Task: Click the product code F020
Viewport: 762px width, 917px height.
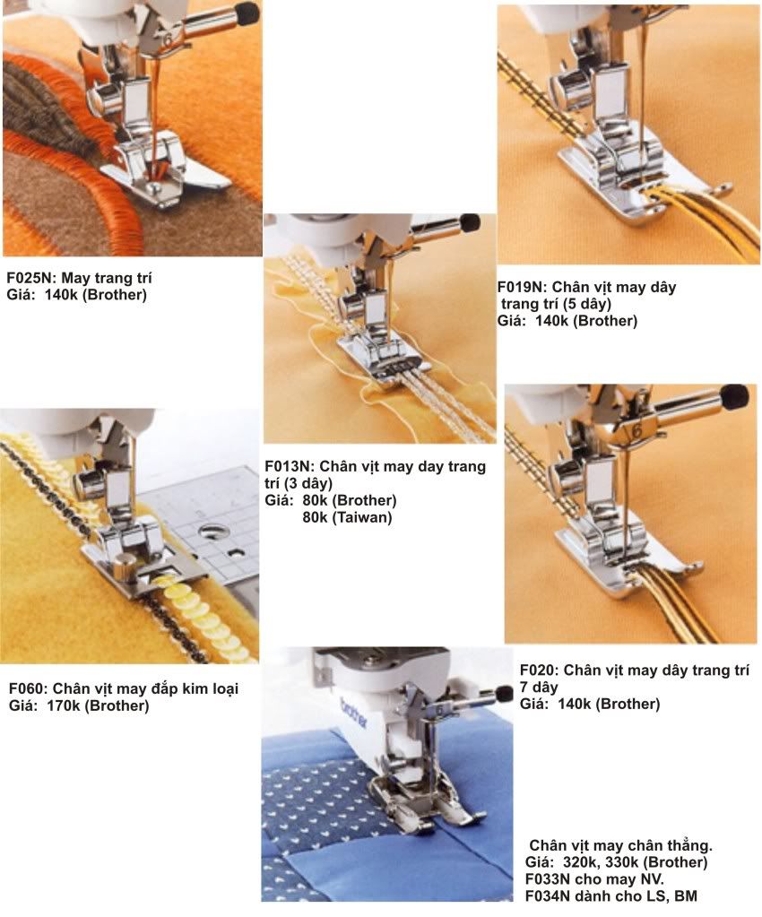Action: pos(538,670)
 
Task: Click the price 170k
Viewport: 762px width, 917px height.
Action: pos(63,705)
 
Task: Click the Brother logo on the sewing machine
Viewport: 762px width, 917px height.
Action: pos(353,713)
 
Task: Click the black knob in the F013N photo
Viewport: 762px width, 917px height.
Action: pos(470,222)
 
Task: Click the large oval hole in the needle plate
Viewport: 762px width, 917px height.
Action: pos(213,532)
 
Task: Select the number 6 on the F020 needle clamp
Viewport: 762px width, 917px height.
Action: pos(637,430)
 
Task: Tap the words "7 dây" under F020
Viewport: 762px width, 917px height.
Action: pos(539,688)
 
